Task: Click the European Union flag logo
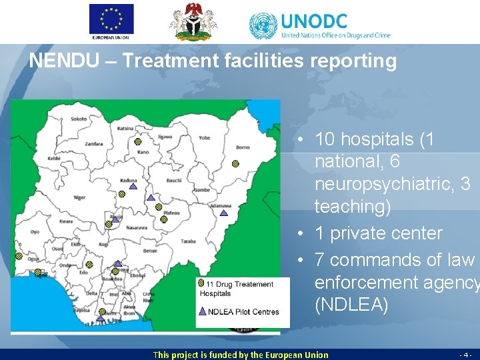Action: tap(111, 19)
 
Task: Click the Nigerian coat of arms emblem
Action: tap(194, 21)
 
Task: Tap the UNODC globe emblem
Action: tap(263, 26)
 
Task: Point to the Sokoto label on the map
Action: tap(79, 119)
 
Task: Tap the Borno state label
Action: tap(243, 147)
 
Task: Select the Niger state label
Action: tap(79, 197)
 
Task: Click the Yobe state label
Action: tap(204, 138)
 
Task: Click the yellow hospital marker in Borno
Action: tap(235, 163)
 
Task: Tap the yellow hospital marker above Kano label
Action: tap(137, 142)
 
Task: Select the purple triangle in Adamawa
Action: tap(224, 213)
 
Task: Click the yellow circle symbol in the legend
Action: tap(201, 283)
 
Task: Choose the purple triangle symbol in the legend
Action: tap(202, 311)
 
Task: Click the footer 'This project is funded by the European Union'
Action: tap(241, 355)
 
